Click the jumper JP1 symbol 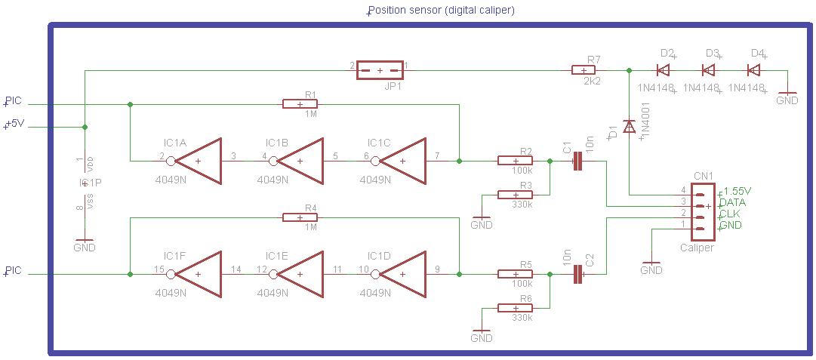(379, 71)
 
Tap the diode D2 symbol (664, 70)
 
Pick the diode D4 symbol (753, 70)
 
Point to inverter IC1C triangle (403, 161)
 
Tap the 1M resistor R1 (301, 104)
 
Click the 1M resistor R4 (301, 217)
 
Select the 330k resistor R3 (516, 195)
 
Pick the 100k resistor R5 (516, 275)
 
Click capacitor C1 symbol (578, 161)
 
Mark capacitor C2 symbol (578, 275)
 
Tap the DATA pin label (732, 203)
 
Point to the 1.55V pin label (737, 192)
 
